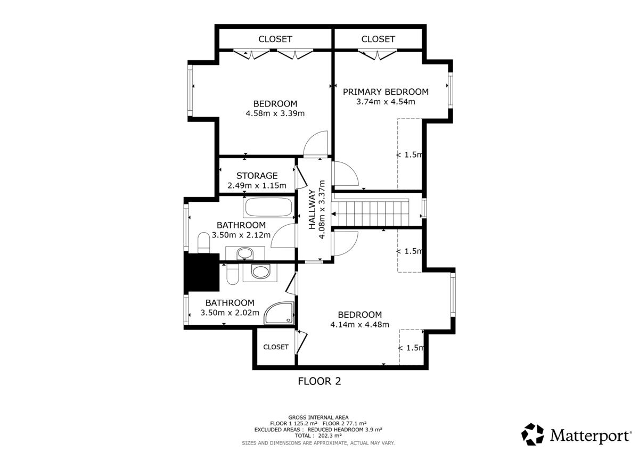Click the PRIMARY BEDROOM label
[x=386, y=92]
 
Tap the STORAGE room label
[x=257, y=176]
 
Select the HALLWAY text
[x=313, y=209]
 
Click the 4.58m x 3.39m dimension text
[x=275, y=113]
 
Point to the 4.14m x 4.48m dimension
[x=360, y=325]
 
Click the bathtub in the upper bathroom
[x=268, y=207]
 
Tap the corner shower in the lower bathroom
[x=279, y=313]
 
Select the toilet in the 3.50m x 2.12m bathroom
[x=203, y=243]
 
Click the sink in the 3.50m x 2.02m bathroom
[x=260, y=272]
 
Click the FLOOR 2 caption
[x=319, y=381]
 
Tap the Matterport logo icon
[x=532, y=434]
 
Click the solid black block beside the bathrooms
[x=202, y=273]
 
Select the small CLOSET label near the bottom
[x=276, y=347]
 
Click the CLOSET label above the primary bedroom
[x=378, y=39]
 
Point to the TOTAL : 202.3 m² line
[x=318, y=435]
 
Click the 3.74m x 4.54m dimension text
[x=386, y=102]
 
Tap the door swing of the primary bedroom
[x=346, y=174]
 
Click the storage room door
[x=301, y=178]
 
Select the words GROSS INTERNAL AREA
[x=318, y=417]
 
